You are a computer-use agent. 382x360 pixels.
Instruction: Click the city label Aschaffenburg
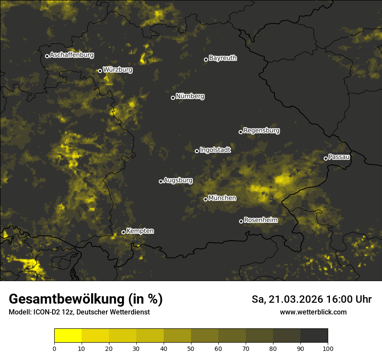click(x=72, y=55)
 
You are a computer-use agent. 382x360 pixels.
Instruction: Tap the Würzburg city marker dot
click(x=100, y=71)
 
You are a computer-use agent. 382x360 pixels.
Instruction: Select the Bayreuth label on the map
click(x=223, y=58)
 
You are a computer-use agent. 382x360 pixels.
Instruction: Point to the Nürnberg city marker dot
click(x=173, y=98)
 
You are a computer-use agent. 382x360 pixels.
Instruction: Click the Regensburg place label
click(x=261, y=130)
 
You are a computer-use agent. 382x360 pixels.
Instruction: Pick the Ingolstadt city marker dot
click(x=197, y=151)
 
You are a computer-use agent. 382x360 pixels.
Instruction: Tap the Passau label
click(x=339, y=157)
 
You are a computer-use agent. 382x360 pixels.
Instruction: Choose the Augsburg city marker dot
click(x=161, y=181)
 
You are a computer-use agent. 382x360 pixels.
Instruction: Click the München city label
click(x=222, y=198)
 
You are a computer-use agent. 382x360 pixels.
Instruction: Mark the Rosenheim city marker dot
click(x=241, y=222)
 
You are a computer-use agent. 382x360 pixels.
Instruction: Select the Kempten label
click(x=140, y=231)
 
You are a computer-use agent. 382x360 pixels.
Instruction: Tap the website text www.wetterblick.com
click(x=313, y=312)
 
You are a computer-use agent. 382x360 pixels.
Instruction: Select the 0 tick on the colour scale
click(x=54, y=348)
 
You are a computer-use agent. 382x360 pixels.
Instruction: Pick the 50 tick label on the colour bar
click(x=191, y=348)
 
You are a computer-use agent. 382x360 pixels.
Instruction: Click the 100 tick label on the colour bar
click(x=328, y=348)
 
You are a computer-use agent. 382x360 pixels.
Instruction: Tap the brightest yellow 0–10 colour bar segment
click(x=68, y=336)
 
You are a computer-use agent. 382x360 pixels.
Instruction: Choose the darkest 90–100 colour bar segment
click(x=314, y=336)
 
